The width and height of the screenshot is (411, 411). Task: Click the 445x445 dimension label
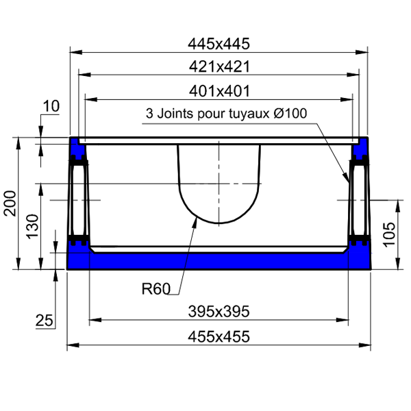coord(219,44)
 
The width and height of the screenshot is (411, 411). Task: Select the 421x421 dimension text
coord(219,66)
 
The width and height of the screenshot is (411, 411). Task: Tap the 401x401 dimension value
coord(219,90)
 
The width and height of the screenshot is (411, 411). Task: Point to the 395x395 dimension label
coord(219,312)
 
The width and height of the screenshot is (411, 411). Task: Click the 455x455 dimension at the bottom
coord(219,336)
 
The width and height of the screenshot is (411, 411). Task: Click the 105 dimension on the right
coord(387,235)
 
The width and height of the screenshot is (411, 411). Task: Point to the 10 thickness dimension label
coord(51,106)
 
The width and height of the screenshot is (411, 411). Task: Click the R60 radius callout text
coord(155,289)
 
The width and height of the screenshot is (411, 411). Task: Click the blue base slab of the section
coord(219,261)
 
